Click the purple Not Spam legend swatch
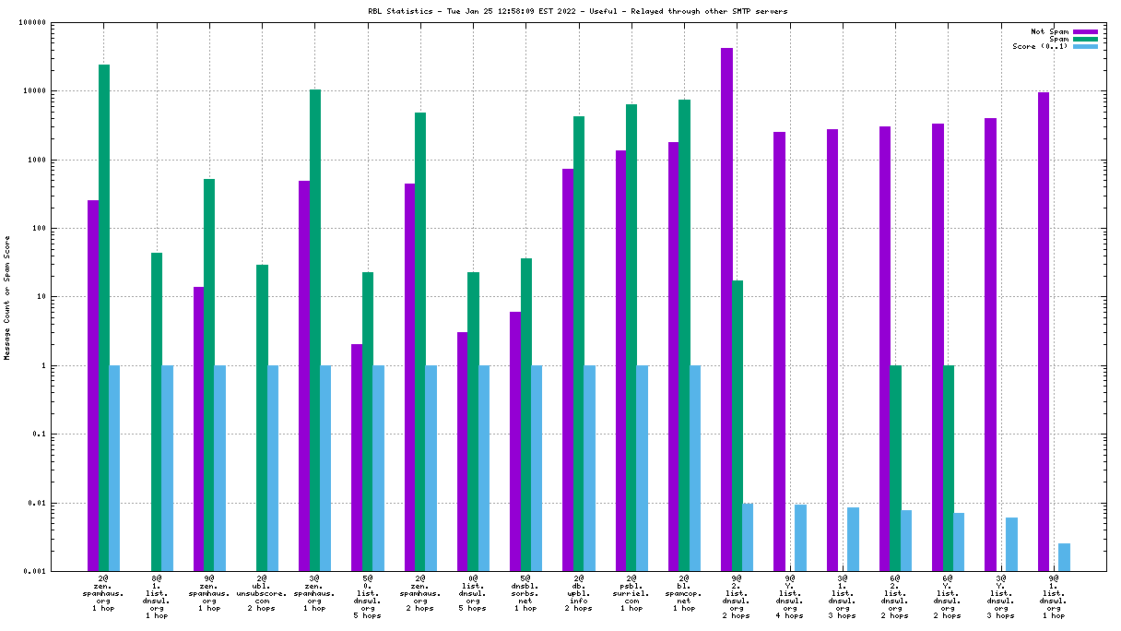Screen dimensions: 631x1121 (x=1085, y=31)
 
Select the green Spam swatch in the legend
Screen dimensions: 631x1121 (x=1085, y=39)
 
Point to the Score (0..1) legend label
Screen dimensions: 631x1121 (x=1040, y=46)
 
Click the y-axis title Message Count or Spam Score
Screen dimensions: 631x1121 (x=7, y=297)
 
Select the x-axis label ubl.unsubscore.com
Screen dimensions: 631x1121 (x=262, y=594)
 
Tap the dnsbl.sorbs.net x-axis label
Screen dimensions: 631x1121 (x=525, y=594)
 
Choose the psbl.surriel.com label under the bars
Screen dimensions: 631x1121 (x=631, y=594)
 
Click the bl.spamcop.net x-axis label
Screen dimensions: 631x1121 (x=683, y=594)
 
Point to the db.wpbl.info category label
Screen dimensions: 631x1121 (x=578, y=594)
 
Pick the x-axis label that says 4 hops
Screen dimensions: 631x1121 (x=789, y=615)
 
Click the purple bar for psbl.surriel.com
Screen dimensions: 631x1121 (x=620, y=361)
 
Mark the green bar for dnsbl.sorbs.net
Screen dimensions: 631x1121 (x=526, y=414)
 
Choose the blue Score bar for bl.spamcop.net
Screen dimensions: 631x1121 (x=694, y=468)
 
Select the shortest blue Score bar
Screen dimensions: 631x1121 (x=1064, y=557)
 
